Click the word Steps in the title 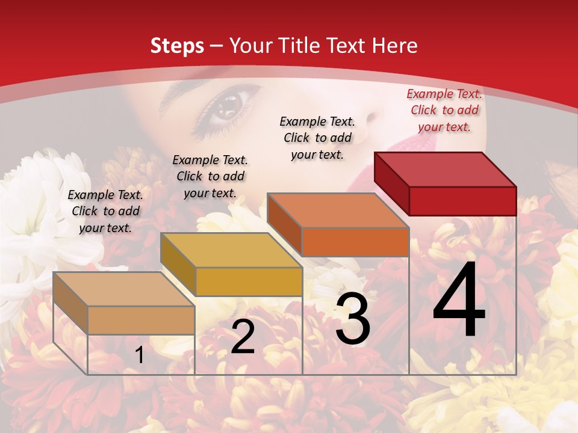pos(177,46)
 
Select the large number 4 pos(459,301)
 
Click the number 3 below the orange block pos(353,318)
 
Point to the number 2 pos(243,337)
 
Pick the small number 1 pos(140,355)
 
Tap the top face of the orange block pos(338,210)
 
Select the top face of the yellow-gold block pos(231,250)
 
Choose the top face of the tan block pos(124,289)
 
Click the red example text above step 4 pos(444,110)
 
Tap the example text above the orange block pos(317,138)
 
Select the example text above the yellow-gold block pos(210,176)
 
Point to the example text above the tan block pos(105,211)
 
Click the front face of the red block pos(462,201)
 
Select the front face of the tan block pos(141,320)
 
